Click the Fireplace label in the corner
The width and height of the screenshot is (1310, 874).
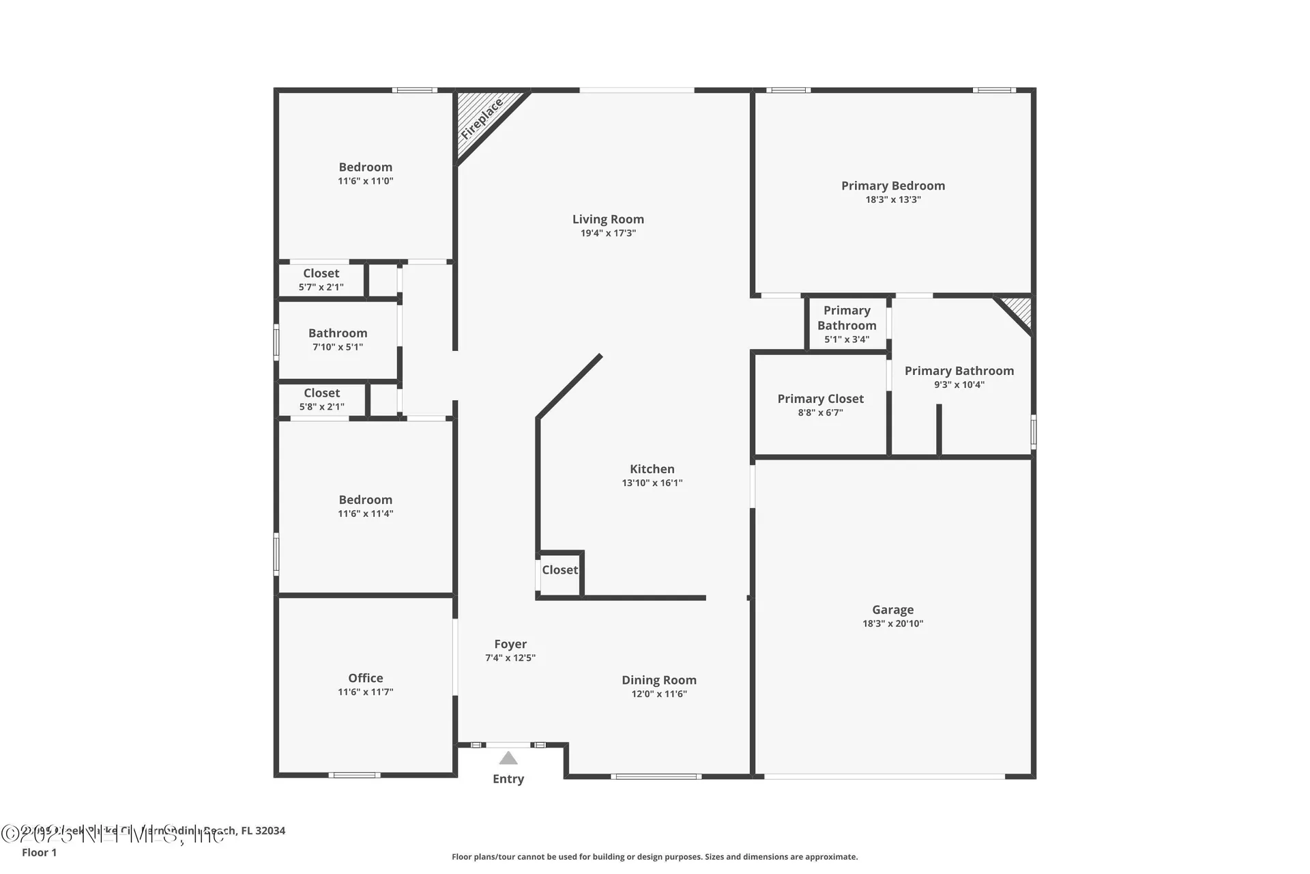482,119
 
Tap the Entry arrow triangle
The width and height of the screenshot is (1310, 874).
508,758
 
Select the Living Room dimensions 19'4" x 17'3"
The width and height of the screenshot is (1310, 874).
608,234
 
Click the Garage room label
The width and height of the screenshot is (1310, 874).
892,610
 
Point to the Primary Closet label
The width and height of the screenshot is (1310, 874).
820,399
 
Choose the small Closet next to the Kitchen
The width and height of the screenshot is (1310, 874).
559,570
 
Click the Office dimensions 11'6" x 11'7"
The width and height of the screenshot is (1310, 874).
365,692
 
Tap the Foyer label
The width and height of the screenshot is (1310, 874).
510,644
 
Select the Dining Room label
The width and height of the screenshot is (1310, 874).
658,680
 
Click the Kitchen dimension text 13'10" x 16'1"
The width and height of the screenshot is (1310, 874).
652,483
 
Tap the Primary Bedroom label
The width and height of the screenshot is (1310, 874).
892,186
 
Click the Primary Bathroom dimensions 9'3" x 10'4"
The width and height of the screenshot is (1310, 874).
959,385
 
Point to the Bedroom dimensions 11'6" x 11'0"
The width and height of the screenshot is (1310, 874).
365,182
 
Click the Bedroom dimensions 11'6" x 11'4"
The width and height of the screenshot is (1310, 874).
365,514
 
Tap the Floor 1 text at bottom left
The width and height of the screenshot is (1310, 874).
39,852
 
